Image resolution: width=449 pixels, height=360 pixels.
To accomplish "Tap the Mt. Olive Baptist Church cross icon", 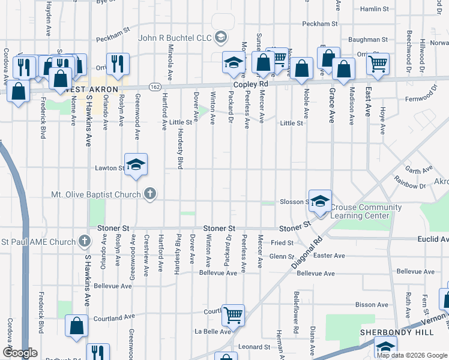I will click(x=150, y=194).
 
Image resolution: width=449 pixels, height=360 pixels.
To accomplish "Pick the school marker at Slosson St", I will click(x=320, y=201).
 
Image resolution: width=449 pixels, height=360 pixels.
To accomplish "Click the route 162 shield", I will click(x=154, y=88).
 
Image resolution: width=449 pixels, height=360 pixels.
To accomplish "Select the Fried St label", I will click(x=281, y=243).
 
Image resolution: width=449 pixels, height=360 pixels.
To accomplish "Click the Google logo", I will click(x=19, y=353).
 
